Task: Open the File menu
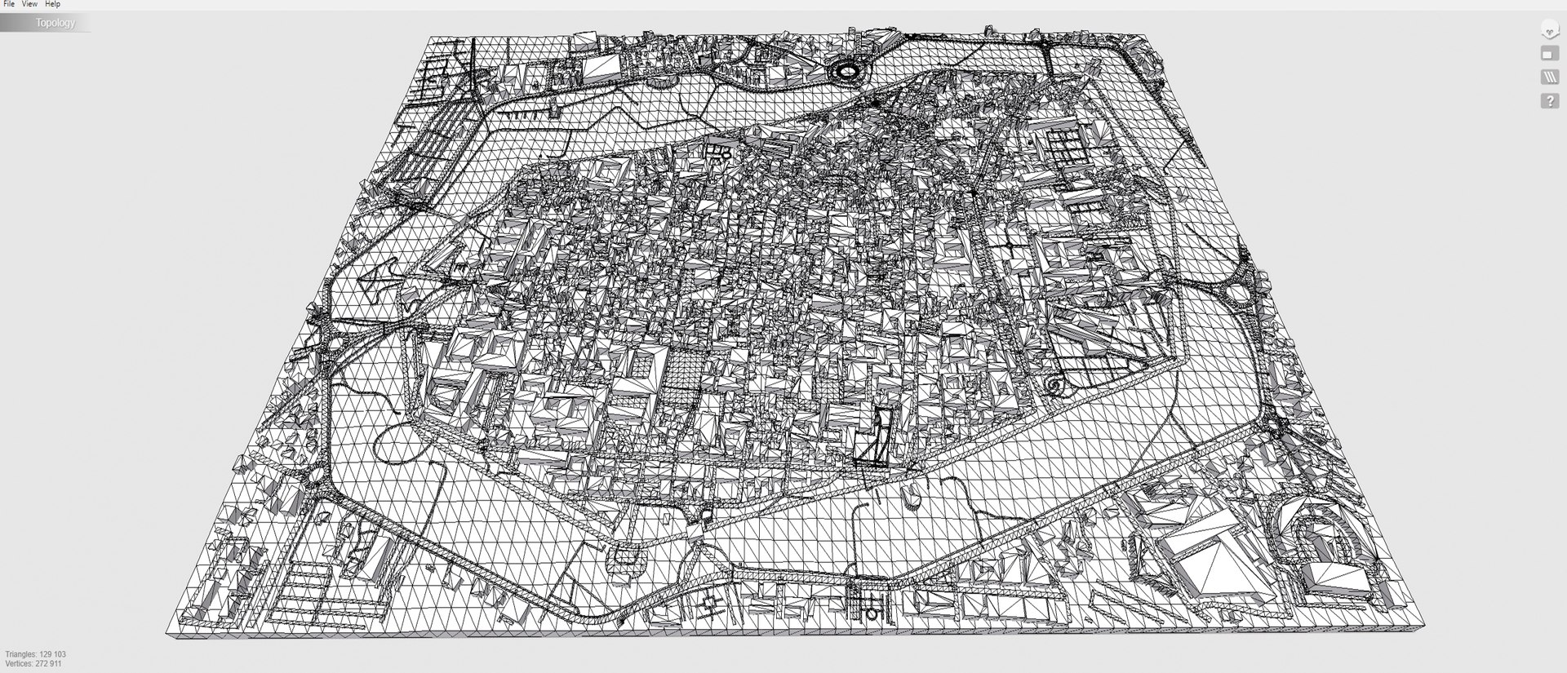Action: (x=10, y=4)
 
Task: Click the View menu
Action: (x=29, y=4)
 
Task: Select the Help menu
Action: (x=52, y=4)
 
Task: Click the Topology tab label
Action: (x=55, y=23)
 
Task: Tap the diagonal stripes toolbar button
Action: (x=1549, y=77)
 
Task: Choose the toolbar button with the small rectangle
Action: (x=1549, y=54)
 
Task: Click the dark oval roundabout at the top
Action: (x=845, y=71)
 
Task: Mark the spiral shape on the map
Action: (x=1055, y=386)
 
